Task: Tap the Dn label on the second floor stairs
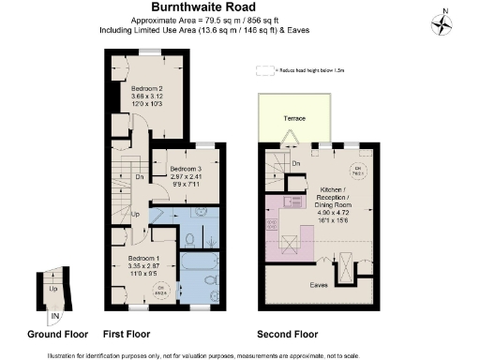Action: (x=295, y=164)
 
